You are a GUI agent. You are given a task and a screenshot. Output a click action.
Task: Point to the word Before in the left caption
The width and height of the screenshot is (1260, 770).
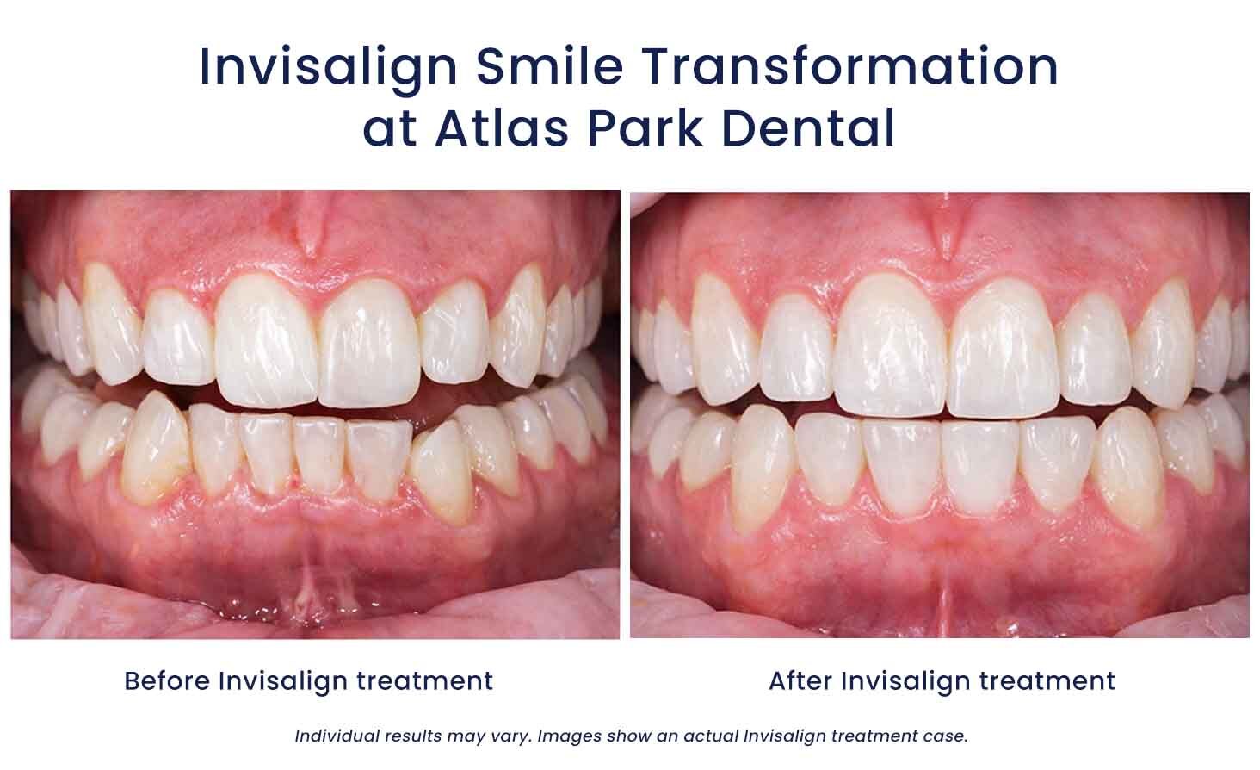167,680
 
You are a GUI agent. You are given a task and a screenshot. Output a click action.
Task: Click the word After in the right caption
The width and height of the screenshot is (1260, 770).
800,680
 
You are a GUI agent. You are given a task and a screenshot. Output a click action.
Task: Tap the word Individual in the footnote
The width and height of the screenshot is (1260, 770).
337,736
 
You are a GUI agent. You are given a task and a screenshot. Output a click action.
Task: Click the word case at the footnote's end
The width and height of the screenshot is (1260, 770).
948,736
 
